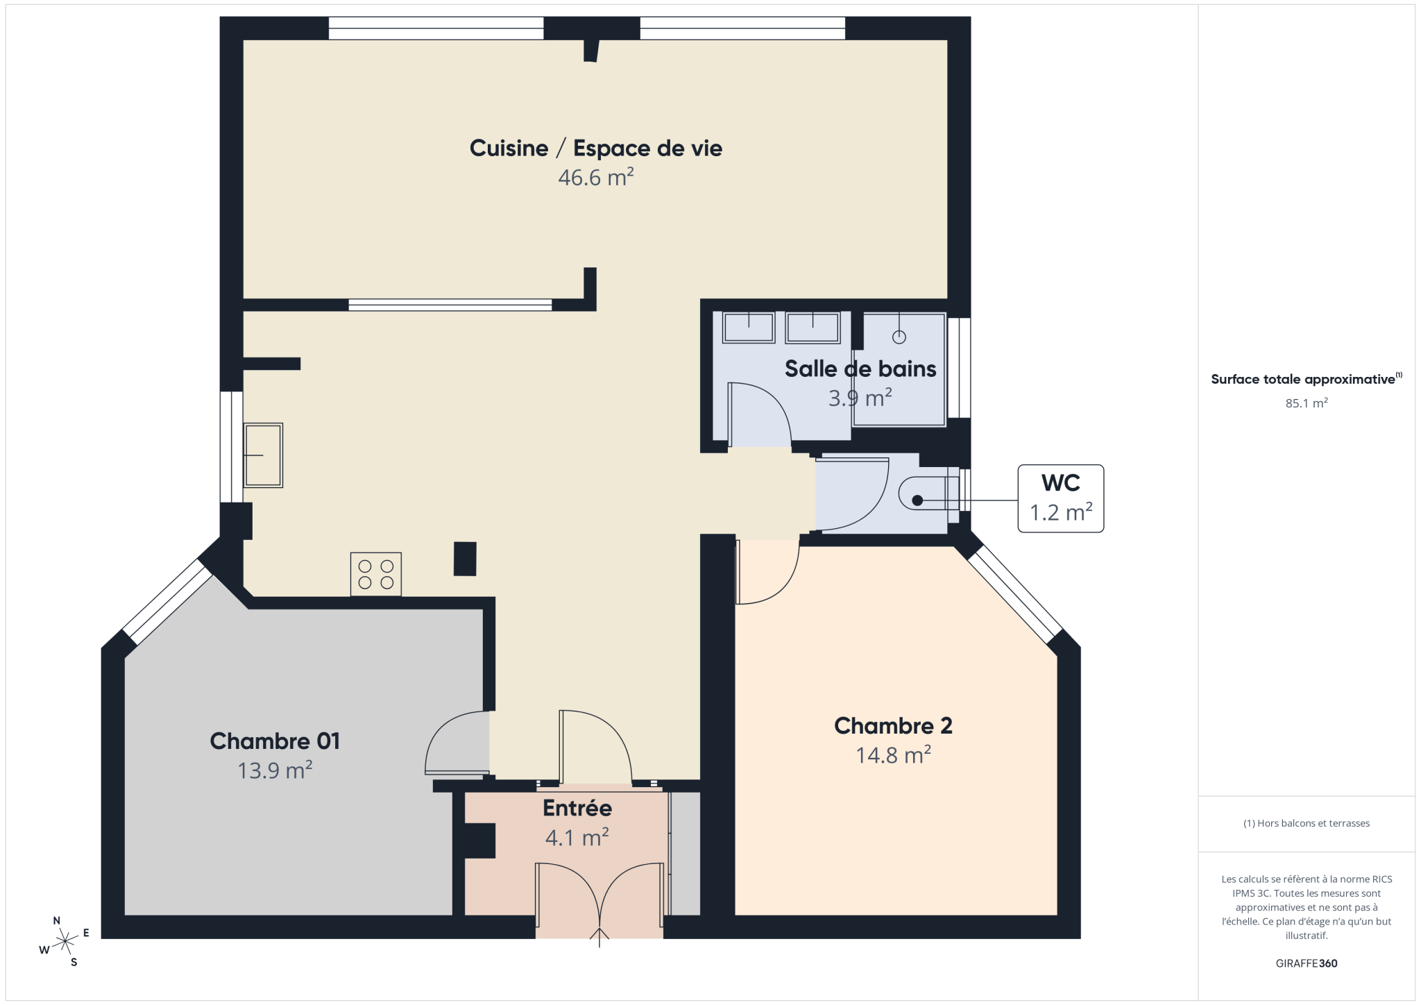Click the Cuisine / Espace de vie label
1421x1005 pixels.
click(595, 148)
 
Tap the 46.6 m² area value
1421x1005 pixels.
click(596, 178)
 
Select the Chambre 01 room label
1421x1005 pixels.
click(275, 741)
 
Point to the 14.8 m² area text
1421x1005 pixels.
click(893, 755)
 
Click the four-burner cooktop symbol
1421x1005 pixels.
click(376, 574)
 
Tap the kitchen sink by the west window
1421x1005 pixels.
click(263, 455)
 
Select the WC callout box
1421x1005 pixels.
click(1060, 498)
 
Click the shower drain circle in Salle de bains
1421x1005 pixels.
click(899, 337)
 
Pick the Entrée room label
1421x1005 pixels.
click(577, 809)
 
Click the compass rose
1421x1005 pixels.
click(65, 941)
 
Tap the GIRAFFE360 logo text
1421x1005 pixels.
click(1307, 963)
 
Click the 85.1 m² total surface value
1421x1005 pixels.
click(1307, 403)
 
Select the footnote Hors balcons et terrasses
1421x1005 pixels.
click(1307, 823)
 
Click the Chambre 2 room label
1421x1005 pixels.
click(893, 726)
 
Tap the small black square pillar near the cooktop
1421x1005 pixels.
click(465, 559)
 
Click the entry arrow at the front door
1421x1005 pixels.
click(599, 937)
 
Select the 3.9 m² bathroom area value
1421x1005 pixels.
click(860, 398)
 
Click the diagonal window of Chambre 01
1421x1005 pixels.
click(167, 602)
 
